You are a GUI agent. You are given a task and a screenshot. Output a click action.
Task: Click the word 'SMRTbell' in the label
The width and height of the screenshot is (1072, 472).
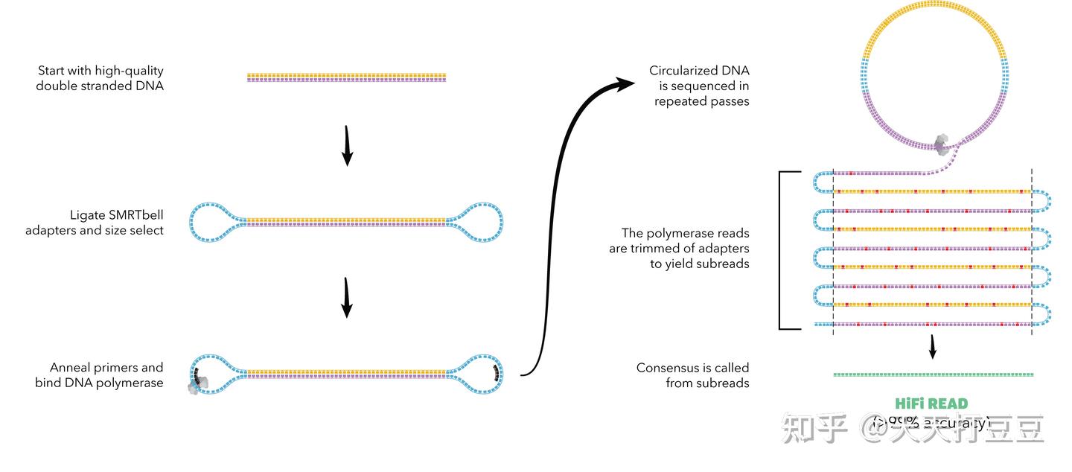[135, 215]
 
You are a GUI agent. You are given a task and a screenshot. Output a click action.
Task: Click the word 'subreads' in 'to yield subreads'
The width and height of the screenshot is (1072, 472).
[722, 264]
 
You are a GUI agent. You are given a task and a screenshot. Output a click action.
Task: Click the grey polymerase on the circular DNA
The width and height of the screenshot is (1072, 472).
[942, 144]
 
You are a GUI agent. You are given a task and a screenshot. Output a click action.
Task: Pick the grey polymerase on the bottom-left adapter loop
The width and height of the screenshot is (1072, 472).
[200, 383]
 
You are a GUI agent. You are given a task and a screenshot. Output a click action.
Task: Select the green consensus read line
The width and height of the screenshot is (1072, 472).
[933, 374]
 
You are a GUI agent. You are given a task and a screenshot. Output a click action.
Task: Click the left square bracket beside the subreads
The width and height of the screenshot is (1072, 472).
[780, 250]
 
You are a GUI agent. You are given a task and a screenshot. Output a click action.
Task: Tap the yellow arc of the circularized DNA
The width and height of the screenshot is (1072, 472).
[934, 18]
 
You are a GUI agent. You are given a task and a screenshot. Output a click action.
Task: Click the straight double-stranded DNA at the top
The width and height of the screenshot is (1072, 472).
[346, 77]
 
